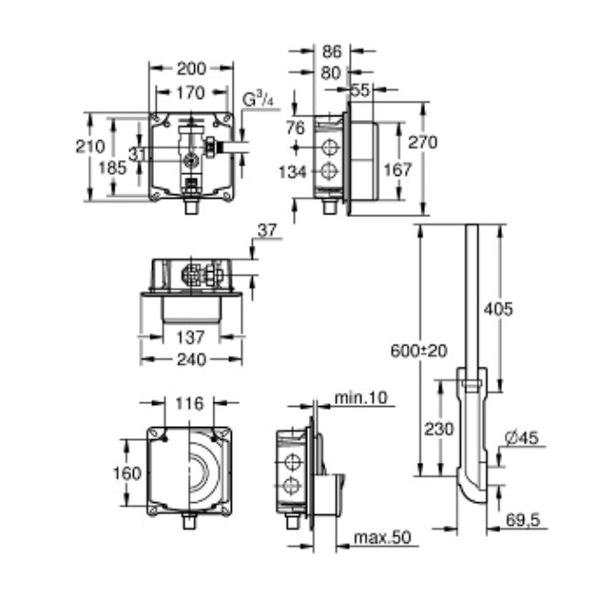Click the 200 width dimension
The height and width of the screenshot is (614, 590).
point(191,68)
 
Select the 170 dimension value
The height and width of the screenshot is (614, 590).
point(191,92)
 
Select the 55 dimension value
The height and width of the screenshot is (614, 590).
point(360,91)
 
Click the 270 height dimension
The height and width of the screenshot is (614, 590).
point(424,142)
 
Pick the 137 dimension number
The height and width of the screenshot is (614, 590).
point(190,337)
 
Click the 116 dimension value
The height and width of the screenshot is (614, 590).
point(190,403)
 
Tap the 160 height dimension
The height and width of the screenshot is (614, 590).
point(129,474)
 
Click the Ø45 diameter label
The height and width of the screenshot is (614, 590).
point(523,438)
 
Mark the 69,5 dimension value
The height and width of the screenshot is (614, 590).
point(523,520)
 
